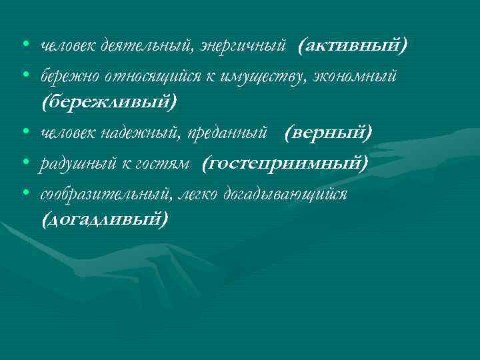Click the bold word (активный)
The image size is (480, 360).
[353, 45]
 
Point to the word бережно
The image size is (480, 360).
[65, 77]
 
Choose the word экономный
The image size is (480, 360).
[353, 77]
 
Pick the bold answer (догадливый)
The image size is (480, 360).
[105, 219]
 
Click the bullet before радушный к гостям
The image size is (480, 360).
[25, 163]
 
